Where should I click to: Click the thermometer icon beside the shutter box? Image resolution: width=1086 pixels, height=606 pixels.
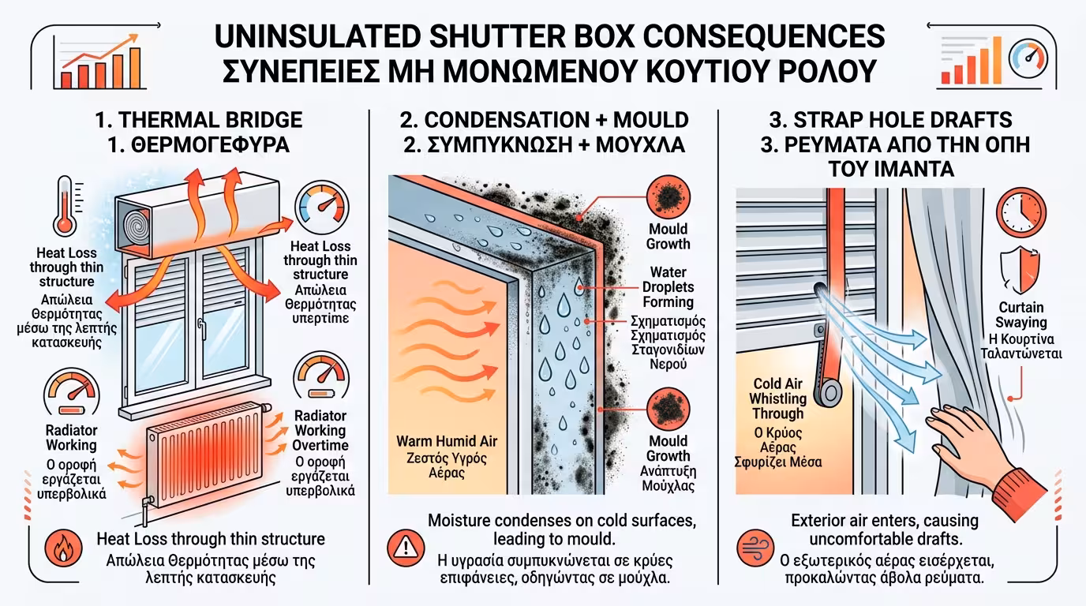coord(65,206)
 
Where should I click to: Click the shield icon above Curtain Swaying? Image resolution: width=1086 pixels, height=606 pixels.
coord(1020,270)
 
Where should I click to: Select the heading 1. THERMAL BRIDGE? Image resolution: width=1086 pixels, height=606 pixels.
coord(197,120)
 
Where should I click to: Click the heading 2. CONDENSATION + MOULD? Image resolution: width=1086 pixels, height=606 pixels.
coord(543,120)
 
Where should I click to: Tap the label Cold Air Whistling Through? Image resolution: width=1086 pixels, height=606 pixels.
coord(777,398)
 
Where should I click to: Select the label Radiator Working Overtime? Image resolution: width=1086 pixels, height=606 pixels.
coord(320,430)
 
